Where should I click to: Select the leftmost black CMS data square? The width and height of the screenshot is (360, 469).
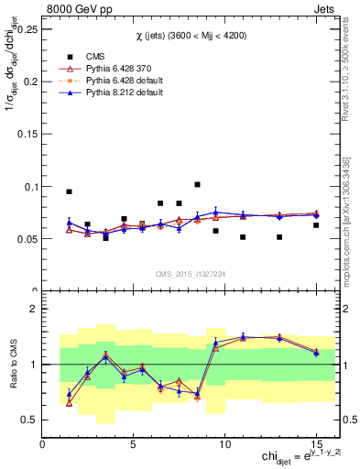pyautogui.click(x=69, y=191)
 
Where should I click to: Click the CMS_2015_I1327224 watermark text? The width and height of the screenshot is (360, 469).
pyautogui.click(x=190, y=273)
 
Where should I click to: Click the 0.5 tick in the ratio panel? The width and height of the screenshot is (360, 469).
pyautogui.click(x=29, y=420)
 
